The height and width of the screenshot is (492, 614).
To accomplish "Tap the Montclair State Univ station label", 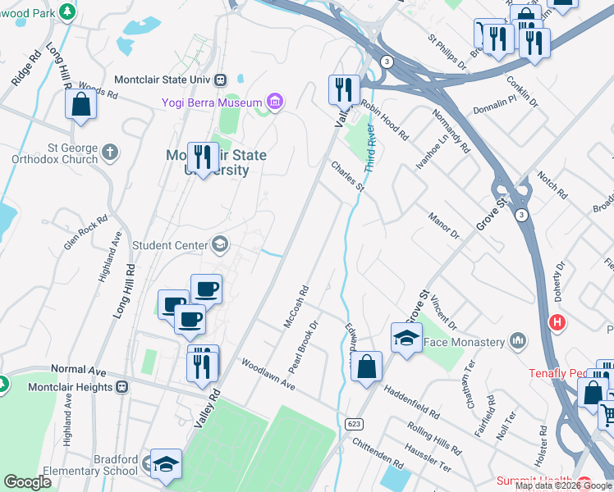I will pyautogui.click(x=163, y=80).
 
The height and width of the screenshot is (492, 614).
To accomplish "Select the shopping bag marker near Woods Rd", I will pyautogui.click(x=80, y=105).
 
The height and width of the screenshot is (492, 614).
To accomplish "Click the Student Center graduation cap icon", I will pyautogui.click(x=219, y=244).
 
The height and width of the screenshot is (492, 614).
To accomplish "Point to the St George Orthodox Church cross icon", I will pyautogui.click(x=109, y=153).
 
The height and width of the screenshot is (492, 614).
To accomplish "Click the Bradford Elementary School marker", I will pyautogui.click(x=166, y=465).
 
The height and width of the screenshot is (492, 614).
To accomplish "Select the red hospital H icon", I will pyautogui.click(x=559, y=322).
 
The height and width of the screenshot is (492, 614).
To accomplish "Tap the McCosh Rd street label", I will pyautogui.click(x=296, y=307).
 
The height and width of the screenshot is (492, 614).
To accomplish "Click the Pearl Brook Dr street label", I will pyautogui.click(x=304, y=348).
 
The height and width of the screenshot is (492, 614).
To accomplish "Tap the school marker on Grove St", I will pyautogui.click(x=406, y=338).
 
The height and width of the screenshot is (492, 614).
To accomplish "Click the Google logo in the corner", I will pyautogui.click(x=28, y=482).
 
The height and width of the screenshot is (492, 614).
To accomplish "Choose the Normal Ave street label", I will pyautogui.click(x=80, y=370).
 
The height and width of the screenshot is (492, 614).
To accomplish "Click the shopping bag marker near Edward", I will pyautogui.click(x=367, y=367).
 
